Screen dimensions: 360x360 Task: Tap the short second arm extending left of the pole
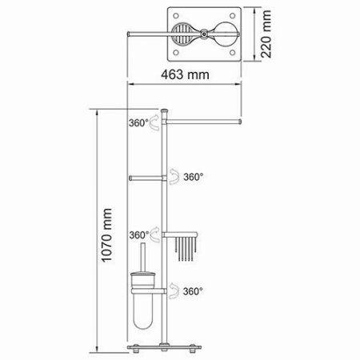click(x=146, y=178)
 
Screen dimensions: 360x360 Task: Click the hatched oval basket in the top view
click(x=183, y=36)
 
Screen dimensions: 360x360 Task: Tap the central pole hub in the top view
click(x=204, y=35)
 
